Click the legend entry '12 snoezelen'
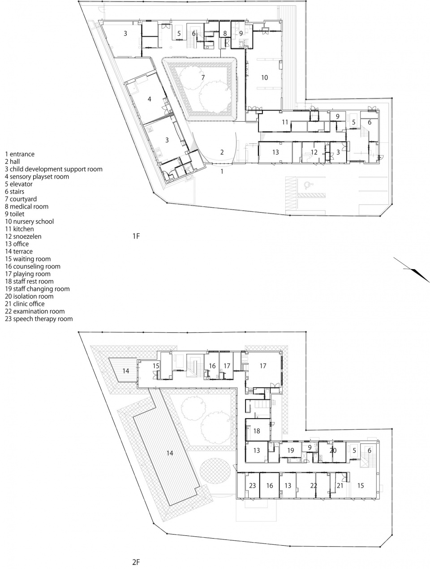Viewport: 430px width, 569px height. pyautogui.click(x=23, y=236)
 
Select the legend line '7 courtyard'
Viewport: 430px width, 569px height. pyautogui.click(x=21, y=199)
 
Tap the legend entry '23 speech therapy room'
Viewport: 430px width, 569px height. pyautogui.click(x=39, y=319)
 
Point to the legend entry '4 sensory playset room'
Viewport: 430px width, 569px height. pyautogui.click(x=37, y=176)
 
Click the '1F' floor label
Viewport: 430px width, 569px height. pyautogui.click(x=136, y=236)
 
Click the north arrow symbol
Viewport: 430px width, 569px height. pyautogui.click(x=412, y=270)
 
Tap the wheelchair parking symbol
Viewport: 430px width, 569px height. pyautogui.click(x=309, y=185)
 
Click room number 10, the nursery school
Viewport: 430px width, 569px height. pyautogui.click(x=265, y=77)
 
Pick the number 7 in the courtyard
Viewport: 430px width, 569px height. pyautogui.click(x=203, y=77)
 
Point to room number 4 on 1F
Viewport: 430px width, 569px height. pyautogui.click(x=150, y=99)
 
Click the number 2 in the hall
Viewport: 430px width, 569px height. pyautogui.click(x=222, y=152)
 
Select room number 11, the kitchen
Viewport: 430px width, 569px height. pyautogui.click(x=285, y=122)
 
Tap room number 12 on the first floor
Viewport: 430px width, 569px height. pyautogui.click(x=314, y=152)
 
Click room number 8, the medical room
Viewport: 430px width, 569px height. pyautogui.click(x=225, y=33)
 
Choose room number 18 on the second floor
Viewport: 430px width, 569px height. pyautogui.click(x=257, y=431)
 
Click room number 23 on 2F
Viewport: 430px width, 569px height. pyautogui.click(x=252, y=485)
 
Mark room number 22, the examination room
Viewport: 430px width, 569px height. pyautogui.click(x=314, y=485)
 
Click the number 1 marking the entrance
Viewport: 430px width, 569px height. pyautogui.click(x=222, y=171)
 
